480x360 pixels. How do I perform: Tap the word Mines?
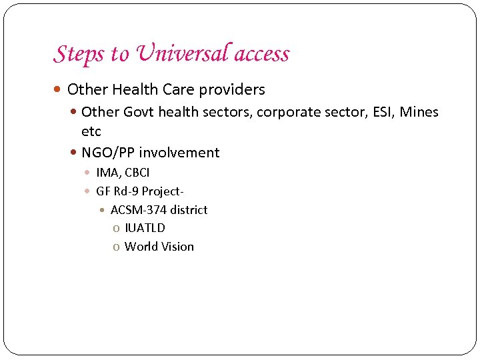point(419,112)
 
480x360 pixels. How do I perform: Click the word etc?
point(91,131)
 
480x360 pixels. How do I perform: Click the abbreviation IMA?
point(107,173)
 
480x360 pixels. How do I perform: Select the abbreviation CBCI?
point(137,173)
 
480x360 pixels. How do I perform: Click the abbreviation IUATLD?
point(145,228)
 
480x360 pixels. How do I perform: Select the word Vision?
point(177,247)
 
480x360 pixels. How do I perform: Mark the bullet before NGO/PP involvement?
point(74,153)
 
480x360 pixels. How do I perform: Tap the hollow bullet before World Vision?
point(117,247)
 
